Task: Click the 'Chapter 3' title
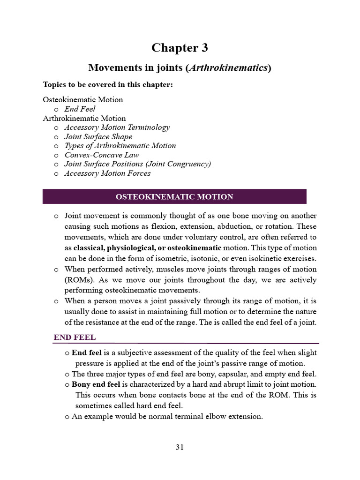coord(180,48)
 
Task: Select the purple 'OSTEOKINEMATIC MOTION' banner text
coord(174,197)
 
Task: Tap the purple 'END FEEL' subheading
coord(75,337)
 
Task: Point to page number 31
coord(180,447)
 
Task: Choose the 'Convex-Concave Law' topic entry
coord(102,155)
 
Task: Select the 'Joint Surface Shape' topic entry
coord(98,136)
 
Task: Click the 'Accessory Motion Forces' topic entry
coord(108,173)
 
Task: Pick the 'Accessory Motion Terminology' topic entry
coord(117,127)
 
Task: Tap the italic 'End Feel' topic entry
coord(80,109)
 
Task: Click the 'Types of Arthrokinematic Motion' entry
coord(120,145)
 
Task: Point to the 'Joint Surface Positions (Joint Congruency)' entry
coord(138,164)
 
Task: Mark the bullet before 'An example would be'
coord(67,417)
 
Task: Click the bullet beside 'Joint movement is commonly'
coord(56,216)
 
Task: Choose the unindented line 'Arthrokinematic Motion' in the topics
coord(84,118)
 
